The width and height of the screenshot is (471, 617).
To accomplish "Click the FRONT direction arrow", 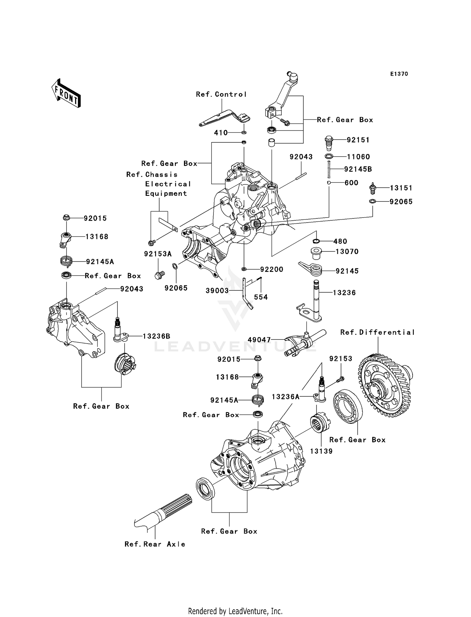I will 66,93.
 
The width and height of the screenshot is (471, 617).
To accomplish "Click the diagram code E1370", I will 399,74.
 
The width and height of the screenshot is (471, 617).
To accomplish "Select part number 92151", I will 358,140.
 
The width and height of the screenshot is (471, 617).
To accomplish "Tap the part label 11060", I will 358,157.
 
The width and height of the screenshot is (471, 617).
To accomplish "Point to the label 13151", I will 401,188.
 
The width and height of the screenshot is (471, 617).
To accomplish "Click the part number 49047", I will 259,340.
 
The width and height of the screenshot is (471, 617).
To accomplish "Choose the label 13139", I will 321,451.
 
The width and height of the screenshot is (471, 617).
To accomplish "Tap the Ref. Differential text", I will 377,332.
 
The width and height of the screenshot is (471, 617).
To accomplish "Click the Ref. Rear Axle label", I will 155,544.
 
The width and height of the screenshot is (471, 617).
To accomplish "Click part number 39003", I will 217,291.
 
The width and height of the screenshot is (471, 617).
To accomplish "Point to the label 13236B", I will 156,336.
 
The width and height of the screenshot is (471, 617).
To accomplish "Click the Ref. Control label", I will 221,94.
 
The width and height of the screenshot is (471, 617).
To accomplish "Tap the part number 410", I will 221,133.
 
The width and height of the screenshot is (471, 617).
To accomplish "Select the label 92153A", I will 158,254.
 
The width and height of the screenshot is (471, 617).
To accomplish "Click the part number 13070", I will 347,251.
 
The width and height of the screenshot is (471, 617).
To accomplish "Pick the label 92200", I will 272,269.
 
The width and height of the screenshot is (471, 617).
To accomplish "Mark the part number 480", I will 340,241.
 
